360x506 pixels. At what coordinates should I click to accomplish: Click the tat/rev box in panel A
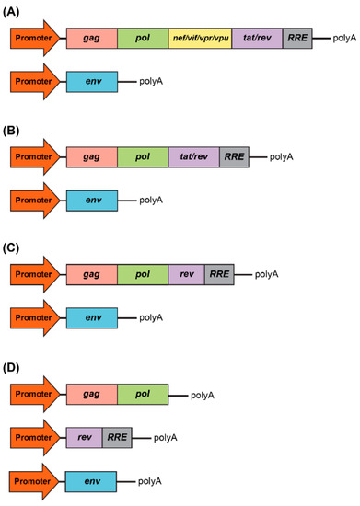click(x=257, y=40)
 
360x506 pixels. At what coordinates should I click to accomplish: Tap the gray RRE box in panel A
click(x=297, y=40)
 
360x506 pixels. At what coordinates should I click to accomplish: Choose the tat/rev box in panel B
click(x=193, y=157)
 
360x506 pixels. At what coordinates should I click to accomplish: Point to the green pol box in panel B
click(x=143, y=157)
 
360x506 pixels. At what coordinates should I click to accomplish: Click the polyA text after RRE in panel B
click(x=281, y=157)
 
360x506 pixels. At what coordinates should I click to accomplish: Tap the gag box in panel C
click(x=91, y=274)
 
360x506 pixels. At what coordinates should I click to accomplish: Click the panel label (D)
click(x=19, y=363)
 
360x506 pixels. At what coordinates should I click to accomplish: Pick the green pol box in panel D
click(x=143, y=395)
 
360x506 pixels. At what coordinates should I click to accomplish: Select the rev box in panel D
click(x=84, y=438)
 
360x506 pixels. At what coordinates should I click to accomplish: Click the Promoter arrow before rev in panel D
click(x=35, y=438)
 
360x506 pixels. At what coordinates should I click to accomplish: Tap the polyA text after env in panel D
click(x=151, y=480)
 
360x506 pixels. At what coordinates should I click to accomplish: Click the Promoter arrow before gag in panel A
click(x=35, y=40)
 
